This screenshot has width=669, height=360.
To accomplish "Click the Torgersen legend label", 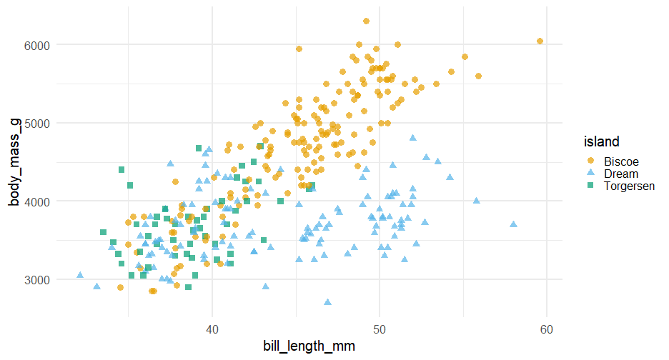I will [x=630, y=186].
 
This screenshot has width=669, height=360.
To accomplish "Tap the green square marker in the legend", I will [x=590, y=186].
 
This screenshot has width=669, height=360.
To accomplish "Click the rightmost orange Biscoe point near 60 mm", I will [x=540, y=41].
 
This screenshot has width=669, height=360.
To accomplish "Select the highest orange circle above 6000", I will [x=366, y=21].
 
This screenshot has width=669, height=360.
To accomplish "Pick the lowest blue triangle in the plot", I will [x=328, y=302].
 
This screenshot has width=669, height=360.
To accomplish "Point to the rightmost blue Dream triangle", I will [x=513, y=224].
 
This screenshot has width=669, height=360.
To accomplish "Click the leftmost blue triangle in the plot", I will [x=80, y=275].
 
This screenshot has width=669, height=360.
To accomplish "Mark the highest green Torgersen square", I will [x=199, y=149].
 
